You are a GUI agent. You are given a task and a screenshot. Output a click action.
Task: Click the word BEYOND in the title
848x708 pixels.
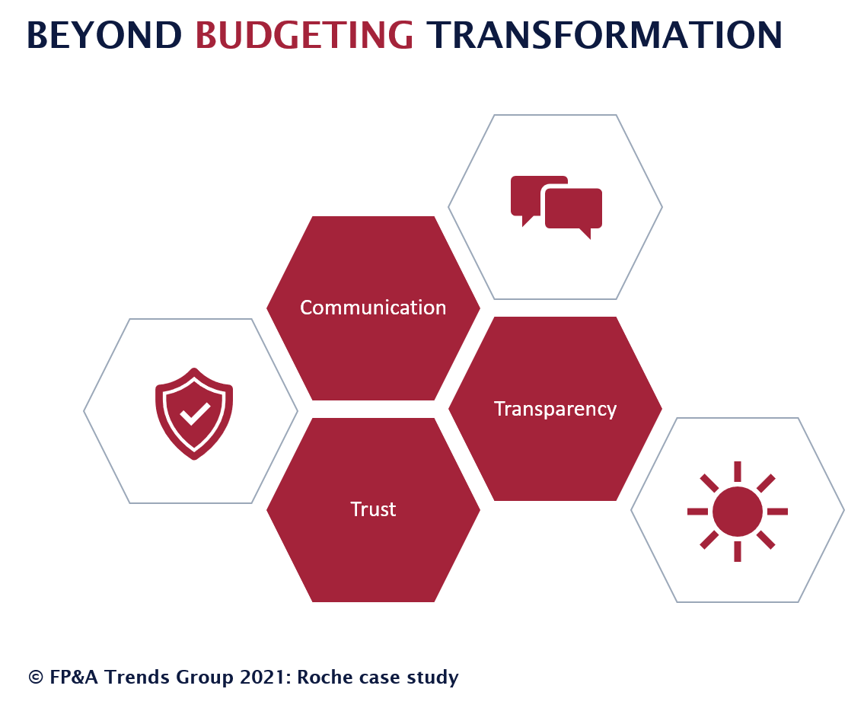[104, 35]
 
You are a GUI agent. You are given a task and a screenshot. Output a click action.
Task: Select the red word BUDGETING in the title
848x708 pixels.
[304, 35]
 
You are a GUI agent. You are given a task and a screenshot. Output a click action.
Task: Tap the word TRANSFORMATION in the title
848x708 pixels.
[604, 35]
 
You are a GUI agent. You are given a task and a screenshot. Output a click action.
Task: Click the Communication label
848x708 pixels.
[373, 308]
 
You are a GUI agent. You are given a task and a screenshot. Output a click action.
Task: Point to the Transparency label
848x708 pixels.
[556, 410]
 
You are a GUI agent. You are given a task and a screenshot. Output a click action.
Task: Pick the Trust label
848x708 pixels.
[373, 509]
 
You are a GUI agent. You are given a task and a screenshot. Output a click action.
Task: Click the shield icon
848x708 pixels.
[194, 414]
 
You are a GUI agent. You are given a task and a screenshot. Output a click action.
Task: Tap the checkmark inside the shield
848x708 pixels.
[195, 414]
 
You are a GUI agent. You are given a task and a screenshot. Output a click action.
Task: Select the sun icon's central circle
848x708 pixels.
[737, 511]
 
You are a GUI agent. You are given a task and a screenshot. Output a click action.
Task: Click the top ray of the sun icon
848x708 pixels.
[737, 471]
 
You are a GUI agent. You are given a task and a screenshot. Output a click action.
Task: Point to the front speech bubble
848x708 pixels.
[573, 211]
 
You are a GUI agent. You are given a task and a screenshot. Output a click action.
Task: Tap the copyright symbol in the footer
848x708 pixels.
[36, 678]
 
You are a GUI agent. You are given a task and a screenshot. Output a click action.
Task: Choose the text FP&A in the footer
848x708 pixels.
[74, 678]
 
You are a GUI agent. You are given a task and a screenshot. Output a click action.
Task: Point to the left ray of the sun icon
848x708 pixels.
[697, 511]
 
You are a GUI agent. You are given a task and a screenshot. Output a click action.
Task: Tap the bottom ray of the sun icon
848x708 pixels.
[737, 552]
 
